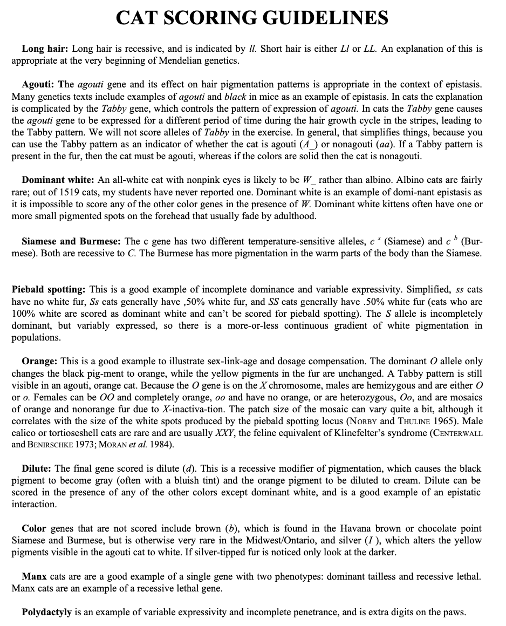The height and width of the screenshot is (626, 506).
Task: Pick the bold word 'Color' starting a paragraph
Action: (34, 528)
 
